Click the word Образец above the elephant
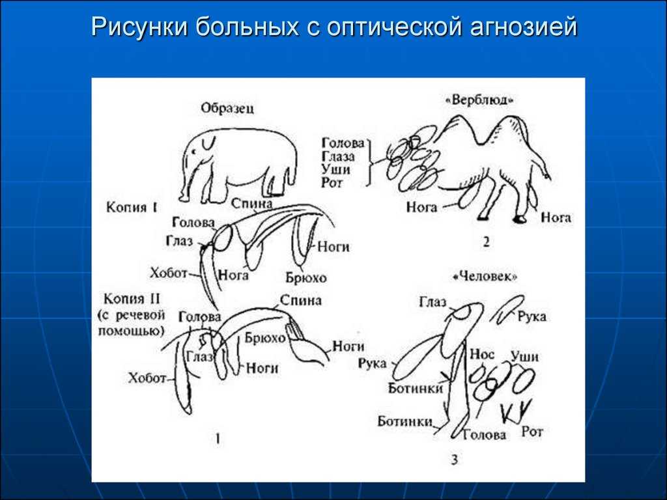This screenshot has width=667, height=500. (227, 108)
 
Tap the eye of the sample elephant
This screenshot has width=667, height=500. (194, 151)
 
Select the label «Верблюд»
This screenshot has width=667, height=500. (479, 100)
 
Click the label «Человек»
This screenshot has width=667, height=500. (485, 276)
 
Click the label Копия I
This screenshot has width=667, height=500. (132, 208)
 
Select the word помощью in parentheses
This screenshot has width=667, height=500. (131, 330)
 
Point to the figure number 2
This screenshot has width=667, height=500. (486, 242)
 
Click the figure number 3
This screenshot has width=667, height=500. (455, 460)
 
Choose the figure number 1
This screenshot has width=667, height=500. (218, 438)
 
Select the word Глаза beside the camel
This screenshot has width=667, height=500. (338, 156)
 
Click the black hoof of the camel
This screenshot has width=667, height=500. (520, 219)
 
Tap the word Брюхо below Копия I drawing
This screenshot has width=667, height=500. (306, 277)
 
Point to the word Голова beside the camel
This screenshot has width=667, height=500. (343, 143)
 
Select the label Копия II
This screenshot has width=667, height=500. (132, 299)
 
